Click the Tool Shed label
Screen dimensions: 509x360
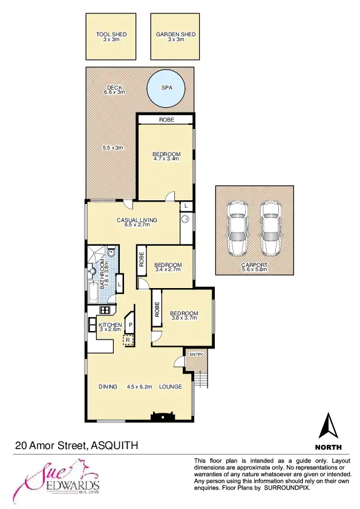pos(111,37)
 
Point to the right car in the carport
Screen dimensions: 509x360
pos(270,227)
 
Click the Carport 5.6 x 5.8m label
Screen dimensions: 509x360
pos(254,268)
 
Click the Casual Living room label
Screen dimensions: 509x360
pos(137,222)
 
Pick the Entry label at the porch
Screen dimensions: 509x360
pos(196,355)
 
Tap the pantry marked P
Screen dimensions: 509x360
pos(130,324)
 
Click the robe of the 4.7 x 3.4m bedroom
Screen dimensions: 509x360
pos(166,120)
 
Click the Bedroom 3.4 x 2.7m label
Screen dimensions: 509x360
pos(168,267)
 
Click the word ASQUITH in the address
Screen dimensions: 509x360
pos(115,446)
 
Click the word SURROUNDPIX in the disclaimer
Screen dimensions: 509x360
pos(287,487)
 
